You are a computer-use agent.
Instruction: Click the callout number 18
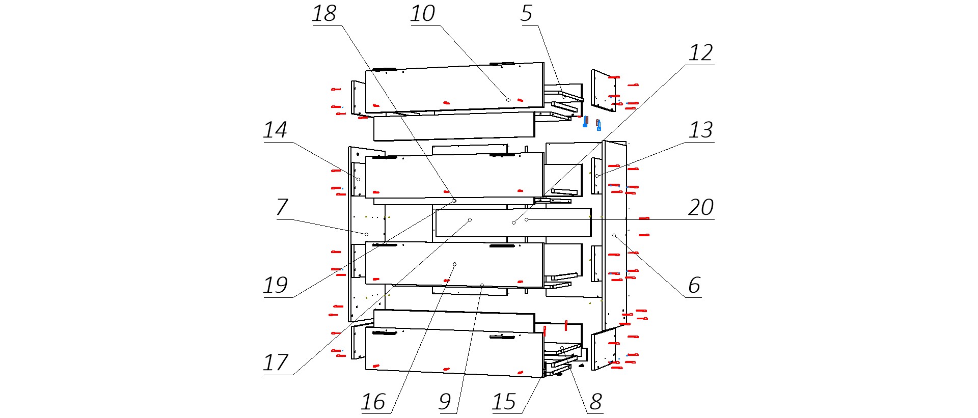tap(324, 14)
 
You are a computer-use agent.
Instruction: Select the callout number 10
tap(423, 14)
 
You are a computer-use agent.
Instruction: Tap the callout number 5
tap(526, 14)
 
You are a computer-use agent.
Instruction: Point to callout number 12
tap(700, 53)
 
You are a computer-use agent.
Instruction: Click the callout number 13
tap(700, 130)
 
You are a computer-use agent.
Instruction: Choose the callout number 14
tap(275, 130)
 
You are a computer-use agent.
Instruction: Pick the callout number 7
tap(282, 208)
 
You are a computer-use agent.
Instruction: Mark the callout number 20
tap(700, 208)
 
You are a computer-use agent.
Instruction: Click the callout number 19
tap(275, 286)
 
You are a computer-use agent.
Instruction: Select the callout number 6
tap(694, 286)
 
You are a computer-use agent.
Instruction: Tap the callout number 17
tap(275, 363)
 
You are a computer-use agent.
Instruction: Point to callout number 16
tap(373, 402)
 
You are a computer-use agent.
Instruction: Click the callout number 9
tap(445, 402)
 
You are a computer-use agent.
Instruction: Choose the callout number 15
tap(504, 402)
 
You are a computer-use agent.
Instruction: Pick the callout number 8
tap(595, 402)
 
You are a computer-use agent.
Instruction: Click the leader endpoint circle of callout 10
tap(508, 100)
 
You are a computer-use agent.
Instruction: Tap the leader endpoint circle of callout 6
tap(614, 236)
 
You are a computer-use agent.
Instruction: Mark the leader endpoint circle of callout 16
tap(454, 264)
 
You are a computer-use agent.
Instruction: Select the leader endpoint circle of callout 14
tap(358, 179)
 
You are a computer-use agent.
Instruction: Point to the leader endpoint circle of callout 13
tap(596, 176)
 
